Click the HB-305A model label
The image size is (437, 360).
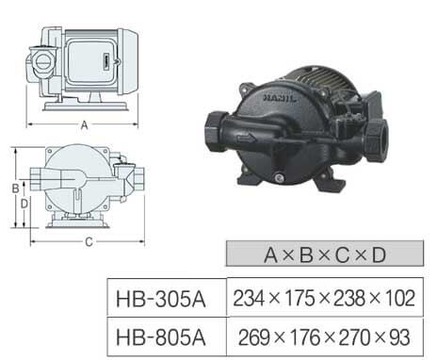click(x=161, y=299)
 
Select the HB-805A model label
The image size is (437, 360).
click(x=161, y=337)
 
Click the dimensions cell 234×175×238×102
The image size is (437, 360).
click(x=324, y=298)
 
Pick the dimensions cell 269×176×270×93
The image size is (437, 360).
click(x=324, y=337)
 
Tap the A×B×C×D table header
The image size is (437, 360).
click(x=325, y=254)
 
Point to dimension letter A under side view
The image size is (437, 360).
click(x=84, y=125)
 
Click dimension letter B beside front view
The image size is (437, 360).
click(x=15, y=188)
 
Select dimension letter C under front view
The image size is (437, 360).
click(x=89, y=242)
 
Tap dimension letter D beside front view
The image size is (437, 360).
click(x=24, y=204)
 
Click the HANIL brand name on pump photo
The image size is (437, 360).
click(x=280, y=98)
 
